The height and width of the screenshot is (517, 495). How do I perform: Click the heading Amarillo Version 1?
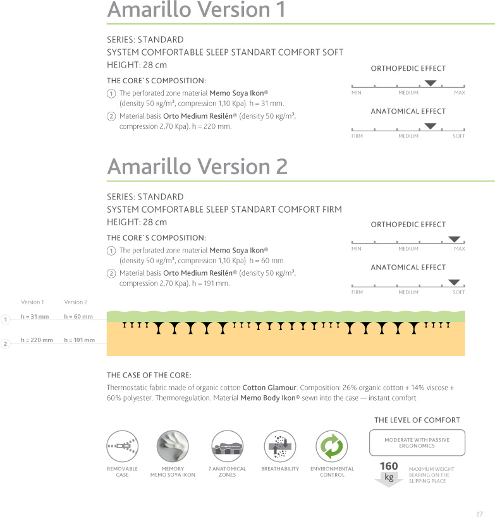[196, 10]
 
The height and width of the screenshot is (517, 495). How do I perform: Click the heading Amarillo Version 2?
[197, 167]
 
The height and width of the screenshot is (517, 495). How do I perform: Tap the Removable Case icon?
[123, 446]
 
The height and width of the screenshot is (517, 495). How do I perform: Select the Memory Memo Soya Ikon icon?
[173, 446]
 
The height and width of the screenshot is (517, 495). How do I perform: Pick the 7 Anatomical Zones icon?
[227, 446]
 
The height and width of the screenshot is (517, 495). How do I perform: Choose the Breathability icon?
[279, 446]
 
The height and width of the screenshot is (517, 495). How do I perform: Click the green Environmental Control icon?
[332, 446]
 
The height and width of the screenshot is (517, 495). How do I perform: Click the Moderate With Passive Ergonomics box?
[417, 443]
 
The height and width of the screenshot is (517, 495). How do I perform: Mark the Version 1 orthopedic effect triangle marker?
[431, 83]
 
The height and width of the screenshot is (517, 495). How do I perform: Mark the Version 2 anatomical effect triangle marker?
[454, 282]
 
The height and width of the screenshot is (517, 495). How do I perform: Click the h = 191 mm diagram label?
[79, 340]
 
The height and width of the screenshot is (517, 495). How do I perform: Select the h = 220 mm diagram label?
[37, 340]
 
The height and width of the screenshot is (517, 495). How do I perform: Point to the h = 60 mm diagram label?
[78, 316]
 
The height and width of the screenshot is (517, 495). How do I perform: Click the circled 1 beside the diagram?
[5, 320]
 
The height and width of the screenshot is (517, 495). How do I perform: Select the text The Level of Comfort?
[417, 420]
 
